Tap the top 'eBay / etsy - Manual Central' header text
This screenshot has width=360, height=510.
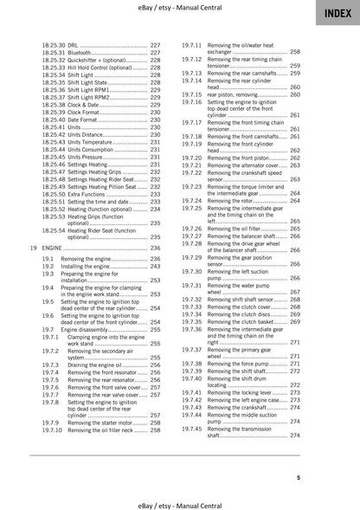click(x=180, y=8)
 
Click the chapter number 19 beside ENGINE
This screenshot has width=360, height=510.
click(x=33, y=248)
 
